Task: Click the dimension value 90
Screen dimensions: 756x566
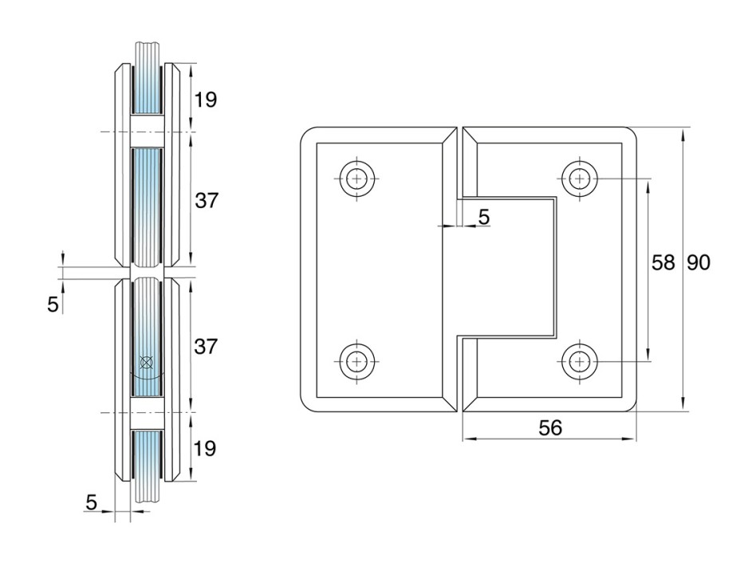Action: click(x=698, y=263)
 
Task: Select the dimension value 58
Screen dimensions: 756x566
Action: click(x=663, y=263)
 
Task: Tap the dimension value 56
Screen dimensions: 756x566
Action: click(x=550, y=427)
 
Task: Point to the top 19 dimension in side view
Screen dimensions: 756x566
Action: click(x=206, y=100)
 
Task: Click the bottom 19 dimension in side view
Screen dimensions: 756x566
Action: click(x=204, y=448)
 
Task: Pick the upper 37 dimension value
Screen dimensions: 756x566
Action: click(x=207, y=200)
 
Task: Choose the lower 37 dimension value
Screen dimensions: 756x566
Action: click(x=206, y=346)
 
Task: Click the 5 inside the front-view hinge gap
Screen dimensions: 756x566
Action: click(x=483, y=217)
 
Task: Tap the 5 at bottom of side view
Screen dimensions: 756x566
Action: click(x=91, y=502)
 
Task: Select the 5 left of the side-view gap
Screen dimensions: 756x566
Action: click(x=53, y=305)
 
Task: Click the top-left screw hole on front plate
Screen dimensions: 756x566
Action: click(x=356, y=179)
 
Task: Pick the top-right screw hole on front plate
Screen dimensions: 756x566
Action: click(x=580, y=179)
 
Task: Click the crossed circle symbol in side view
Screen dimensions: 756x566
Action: click(x=146, y=362)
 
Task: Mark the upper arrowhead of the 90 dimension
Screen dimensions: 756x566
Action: click(x=683, y=135)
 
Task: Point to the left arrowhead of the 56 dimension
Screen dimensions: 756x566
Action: click(x=470, y=438)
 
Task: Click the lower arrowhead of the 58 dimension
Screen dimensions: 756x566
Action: click(x=648, y=353)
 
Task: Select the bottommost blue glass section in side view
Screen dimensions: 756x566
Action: click(x=147, y=454)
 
